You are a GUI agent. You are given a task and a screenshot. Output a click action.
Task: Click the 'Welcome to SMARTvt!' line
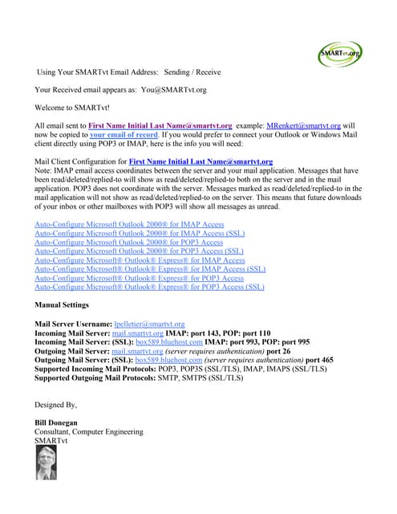tap(73, 108)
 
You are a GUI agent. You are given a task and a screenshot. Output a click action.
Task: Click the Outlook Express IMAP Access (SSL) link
tap(150, 269)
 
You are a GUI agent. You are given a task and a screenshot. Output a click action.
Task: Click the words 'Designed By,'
tap(55, 404)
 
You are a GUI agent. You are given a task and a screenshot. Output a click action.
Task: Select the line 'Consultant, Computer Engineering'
tap(89, 431)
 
